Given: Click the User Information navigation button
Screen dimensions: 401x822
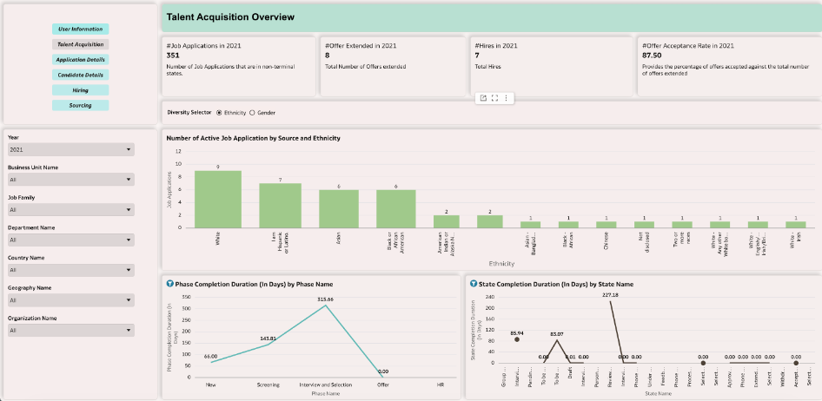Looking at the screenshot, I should point(81,30).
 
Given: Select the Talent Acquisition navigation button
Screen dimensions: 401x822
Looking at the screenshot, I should point(81,44).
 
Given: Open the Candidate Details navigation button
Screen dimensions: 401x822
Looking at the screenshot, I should point(81,75).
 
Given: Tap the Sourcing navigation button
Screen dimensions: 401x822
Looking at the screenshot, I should point(81,105).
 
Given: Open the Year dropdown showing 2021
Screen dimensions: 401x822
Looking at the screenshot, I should point(70,150).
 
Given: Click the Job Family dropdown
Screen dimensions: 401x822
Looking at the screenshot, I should point(70,209).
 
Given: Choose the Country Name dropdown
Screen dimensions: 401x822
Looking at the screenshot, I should point(70,270).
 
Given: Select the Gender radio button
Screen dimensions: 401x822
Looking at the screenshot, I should point(253,113).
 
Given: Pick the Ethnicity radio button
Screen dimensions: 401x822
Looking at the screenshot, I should point(219,113).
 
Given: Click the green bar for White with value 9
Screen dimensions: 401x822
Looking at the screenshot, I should point(217,200).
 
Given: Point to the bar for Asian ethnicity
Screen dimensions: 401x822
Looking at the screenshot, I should point(338,209).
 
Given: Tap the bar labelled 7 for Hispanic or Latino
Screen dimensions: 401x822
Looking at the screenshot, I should point(280,206).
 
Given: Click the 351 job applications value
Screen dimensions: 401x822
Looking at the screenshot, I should point(173,56).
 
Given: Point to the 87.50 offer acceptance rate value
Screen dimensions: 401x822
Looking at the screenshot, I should point(652,56).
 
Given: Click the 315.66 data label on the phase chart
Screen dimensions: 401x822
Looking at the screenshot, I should point(326,299).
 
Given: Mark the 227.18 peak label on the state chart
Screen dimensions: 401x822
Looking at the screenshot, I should point(612,295).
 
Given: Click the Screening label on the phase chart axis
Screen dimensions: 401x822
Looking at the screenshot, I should point(268,383).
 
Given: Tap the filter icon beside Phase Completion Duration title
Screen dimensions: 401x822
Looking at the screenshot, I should point(169,284).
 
